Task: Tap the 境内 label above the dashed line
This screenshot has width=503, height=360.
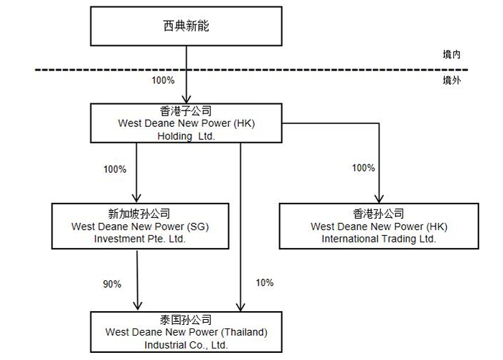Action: [451, 55]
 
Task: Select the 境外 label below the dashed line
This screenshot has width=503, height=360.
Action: [451, 80]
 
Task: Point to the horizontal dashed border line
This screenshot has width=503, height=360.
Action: [251, 70]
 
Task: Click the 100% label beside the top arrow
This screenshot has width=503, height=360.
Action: [163, 80]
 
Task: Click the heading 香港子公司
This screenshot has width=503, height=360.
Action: [186, 111]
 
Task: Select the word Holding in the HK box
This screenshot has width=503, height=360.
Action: [175, 136]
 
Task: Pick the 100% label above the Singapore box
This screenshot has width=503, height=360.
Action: [115, 169]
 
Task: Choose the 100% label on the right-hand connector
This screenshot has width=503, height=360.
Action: [364, 168]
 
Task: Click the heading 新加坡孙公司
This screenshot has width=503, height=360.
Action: [139, 214]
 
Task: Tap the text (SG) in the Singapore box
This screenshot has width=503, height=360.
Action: [198, 227]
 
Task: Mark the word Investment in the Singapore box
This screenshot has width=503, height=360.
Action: [119, 239]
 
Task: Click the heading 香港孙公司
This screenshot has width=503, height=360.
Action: [379, 214]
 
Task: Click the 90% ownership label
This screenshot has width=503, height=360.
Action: [112, 284]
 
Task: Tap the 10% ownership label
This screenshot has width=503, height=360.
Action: [265, 283]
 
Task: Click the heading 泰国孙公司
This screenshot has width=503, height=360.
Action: [186, 320]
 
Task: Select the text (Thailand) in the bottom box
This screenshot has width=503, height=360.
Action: [244, 332]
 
